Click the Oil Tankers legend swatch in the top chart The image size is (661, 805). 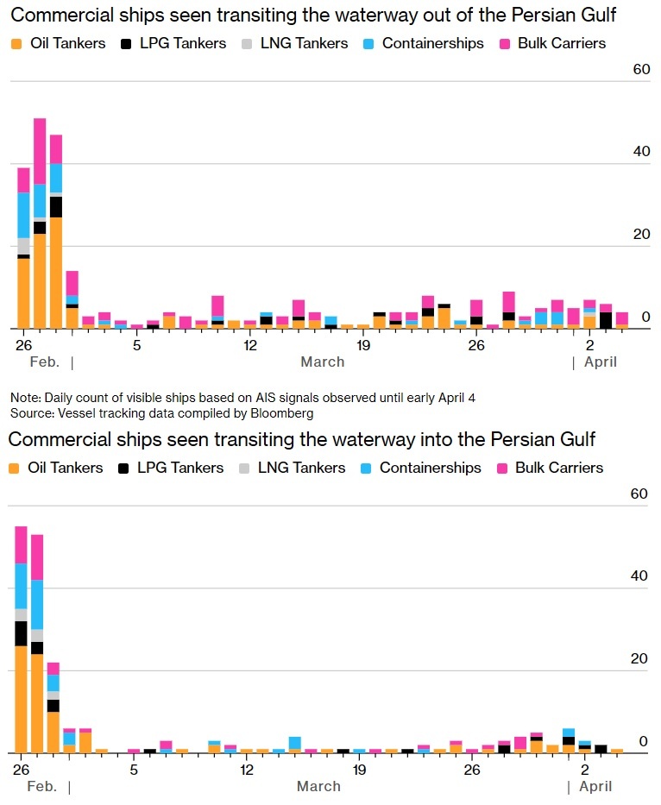point(16,43)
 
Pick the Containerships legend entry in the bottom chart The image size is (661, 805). point(430,468)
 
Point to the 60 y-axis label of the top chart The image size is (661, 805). point(640,69)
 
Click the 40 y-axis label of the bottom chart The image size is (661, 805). point(639,576)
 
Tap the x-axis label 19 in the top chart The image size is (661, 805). point(362,345)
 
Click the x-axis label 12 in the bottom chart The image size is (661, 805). point(247,770)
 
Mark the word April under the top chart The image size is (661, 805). point(601,362)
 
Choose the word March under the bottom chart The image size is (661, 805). point(318,787)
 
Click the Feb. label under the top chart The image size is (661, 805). point(44,362)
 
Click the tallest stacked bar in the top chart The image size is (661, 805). point(40,224)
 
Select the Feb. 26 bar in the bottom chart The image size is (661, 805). point(21,638)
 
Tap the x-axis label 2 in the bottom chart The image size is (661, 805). point(585,770)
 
